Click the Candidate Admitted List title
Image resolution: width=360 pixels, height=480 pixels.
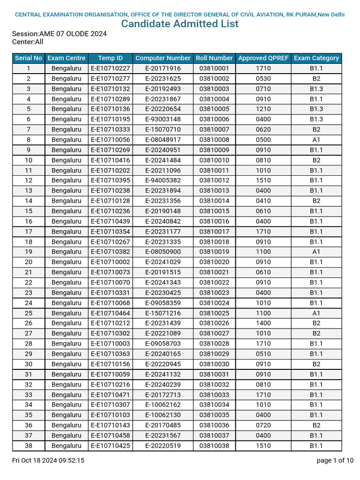tap(180, 24)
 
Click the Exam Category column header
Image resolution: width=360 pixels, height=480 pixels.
tap(316, 58)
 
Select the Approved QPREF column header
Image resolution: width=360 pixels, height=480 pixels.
tap(263, 58)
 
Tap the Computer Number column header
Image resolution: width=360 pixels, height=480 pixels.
tap(163, 58)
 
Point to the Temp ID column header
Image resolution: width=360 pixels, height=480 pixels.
tap(110, 58)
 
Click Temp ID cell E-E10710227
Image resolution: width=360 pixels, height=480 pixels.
tap(110, 68)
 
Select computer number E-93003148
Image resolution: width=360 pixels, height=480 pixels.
tap(163, 119)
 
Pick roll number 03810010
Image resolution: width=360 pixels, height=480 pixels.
tap(214, 160)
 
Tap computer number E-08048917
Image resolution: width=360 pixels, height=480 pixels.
tap(163, 140)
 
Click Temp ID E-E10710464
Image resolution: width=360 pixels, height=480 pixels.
tap(110, 313)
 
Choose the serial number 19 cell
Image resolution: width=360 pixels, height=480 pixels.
tap(29, 252)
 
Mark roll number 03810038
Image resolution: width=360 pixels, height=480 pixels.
tap(214, 446)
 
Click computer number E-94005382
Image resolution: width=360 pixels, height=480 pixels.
tap(163, 180)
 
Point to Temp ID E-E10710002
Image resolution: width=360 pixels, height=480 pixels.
tap(110, 262)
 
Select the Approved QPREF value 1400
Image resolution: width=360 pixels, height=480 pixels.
tap(263, 323)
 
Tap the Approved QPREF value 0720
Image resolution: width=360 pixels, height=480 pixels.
tap(263, 425)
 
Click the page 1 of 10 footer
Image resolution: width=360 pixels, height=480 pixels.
tap(335, 460)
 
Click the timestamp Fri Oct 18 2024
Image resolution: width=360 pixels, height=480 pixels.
tap(48, 460)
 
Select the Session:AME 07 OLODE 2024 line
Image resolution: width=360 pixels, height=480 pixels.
tap(59, 34)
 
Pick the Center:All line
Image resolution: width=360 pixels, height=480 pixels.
tap(28, 42)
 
